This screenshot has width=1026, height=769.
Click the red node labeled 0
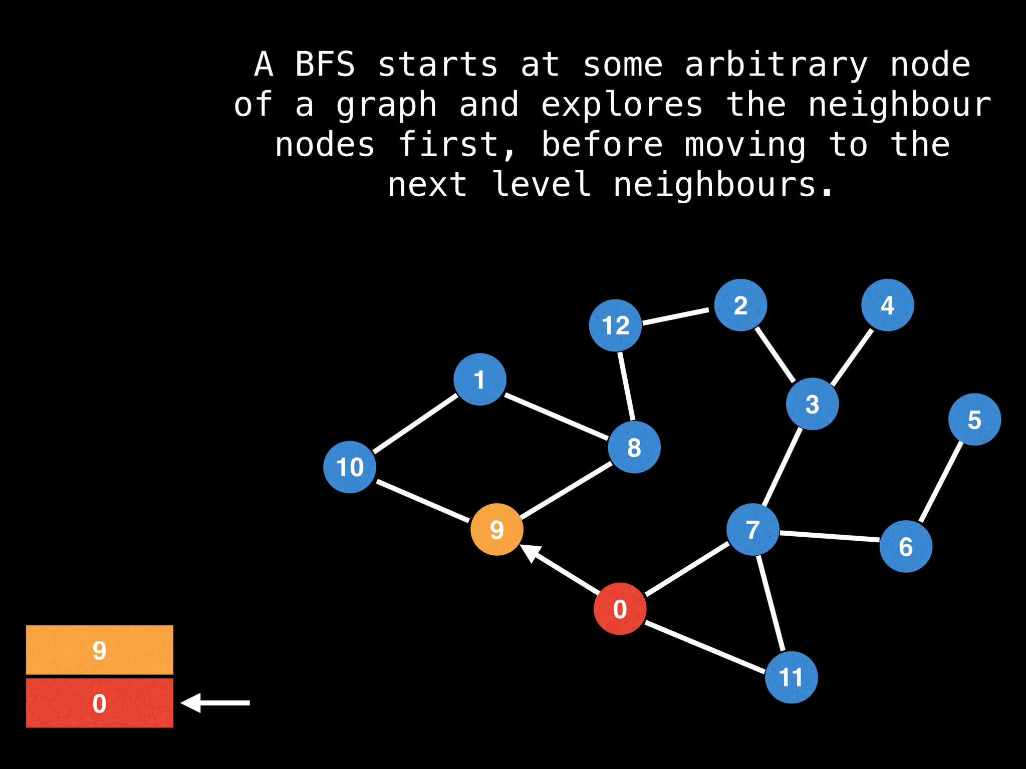coord(620,609)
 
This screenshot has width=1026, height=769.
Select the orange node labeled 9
coord(496,529)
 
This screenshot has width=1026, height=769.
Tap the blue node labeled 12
coord(615,325)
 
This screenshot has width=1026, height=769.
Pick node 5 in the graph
coord(974,420)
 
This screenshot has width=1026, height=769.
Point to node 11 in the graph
coord(791,677)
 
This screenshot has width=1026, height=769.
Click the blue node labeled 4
coord(887,305)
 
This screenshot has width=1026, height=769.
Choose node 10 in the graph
coord(350,467)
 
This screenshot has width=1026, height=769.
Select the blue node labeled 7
coord(752,529)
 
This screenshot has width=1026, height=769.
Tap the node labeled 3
coord(812,404)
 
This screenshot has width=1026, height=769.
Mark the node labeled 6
coord(905,546)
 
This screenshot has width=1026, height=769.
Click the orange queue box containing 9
coord(100,650)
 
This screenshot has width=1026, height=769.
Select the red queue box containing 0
coord(100,703)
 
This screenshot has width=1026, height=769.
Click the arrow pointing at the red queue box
coord(215,703)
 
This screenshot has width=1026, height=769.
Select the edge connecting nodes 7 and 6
coord(829,536)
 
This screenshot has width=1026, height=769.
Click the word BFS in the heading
coord(325,65)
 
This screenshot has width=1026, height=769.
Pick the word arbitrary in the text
coord(776,66)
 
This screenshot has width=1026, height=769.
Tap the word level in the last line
coord(541,184)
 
